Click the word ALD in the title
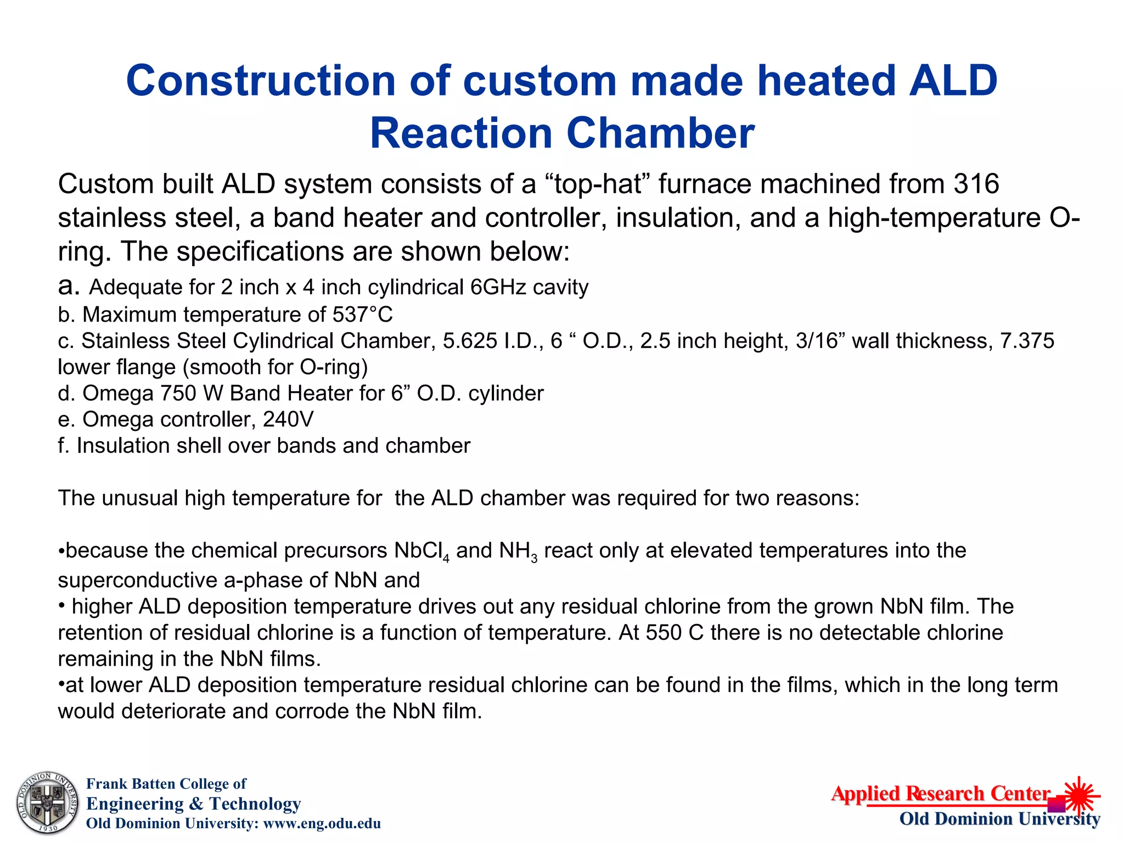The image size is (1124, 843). [x=953, y=81]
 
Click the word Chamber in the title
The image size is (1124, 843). [x=660, y=133]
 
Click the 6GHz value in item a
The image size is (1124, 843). [x=499, y=287]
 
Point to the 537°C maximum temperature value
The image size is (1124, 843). [x=363, y=314]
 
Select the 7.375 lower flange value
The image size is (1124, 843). [x=1027, y=341]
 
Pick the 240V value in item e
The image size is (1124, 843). [x=289, y=420]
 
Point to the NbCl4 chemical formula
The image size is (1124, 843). [x=421, y=551]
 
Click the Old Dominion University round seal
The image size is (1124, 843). [x=47, y=803]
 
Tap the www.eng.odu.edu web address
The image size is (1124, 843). [x=322, y=823]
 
